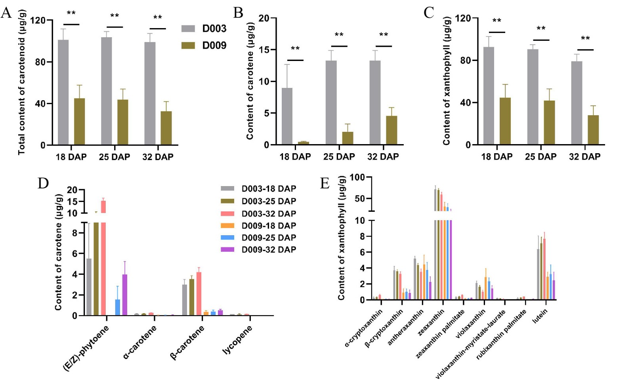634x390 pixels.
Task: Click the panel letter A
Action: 6,13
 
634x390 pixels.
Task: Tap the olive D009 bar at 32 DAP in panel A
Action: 166,128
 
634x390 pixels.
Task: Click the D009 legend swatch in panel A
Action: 188,46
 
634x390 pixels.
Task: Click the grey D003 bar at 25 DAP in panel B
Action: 331,103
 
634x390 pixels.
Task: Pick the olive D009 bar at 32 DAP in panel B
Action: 391,130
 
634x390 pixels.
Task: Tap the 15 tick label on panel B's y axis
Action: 264,50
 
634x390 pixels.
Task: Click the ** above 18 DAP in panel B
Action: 295,49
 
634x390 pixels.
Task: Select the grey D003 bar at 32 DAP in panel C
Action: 577,103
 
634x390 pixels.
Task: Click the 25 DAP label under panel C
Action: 540,157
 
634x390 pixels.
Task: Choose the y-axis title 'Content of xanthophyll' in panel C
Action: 447,81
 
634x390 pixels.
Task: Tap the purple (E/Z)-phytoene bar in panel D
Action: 124,295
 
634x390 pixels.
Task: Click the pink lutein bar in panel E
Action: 544,269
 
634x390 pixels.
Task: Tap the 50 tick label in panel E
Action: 360,198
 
